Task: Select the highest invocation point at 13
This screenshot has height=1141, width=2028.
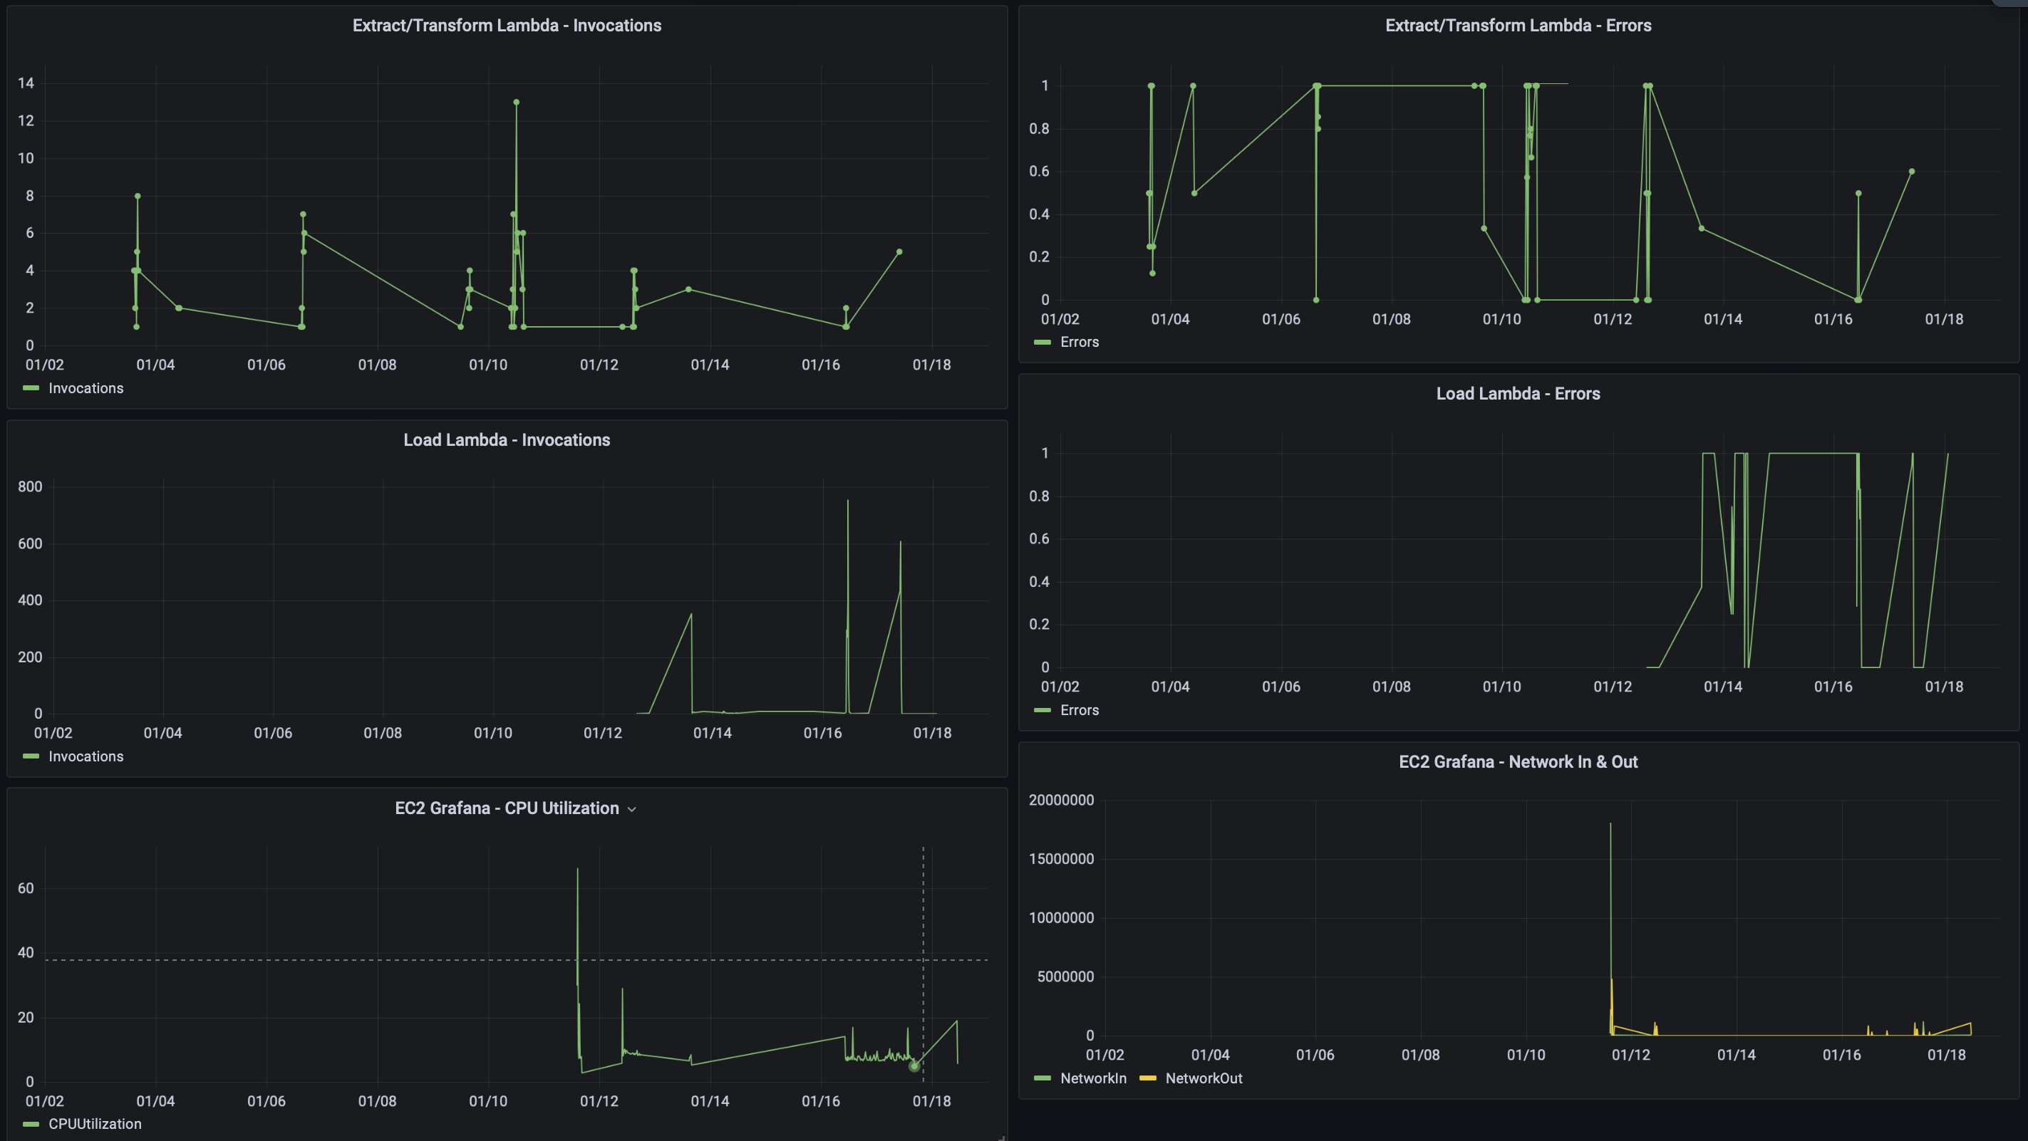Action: tap(516, 103)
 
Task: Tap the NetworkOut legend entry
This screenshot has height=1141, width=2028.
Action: tap(1202, 1078)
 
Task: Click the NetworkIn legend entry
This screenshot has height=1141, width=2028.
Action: tap(1092, 1078)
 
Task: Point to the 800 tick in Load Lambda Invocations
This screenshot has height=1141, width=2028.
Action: tap(30, 486)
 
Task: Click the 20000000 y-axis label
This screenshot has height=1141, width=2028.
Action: tap(1060, 800)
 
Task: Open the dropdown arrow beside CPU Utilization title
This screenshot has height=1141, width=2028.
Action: tap(631, 809)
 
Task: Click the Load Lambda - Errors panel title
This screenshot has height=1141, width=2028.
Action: tap(1517, 393)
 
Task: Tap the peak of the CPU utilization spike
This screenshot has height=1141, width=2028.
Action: tap(577, 870)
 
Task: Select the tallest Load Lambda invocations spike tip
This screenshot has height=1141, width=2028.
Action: tap(847, 501)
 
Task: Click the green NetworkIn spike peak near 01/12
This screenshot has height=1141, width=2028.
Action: tap(1610, 824)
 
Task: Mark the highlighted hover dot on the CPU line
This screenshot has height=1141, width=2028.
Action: tap(914, 1066)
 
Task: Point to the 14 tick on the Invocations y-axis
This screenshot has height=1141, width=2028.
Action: tap(26, 83)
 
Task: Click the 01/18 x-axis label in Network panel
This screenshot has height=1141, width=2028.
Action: tap(1946, 1054)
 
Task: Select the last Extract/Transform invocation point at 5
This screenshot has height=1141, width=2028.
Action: tap(899, 252)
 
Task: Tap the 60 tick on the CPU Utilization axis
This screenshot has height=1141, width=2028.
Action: tap(26, 887)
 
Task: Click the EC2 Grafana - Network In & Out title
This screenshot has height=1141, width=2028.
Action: tap(1517, 761)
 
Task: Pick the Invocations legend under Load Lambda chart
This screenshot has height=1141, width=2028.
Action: tap(85, 756)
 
